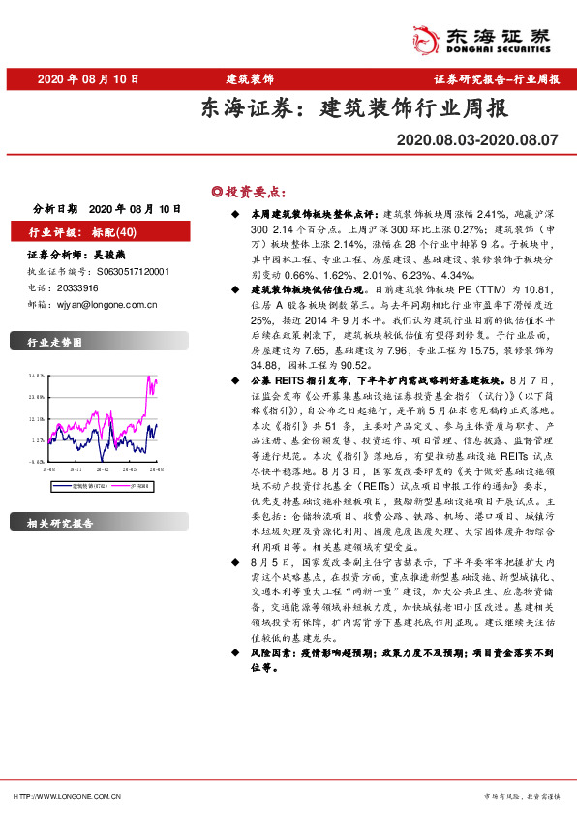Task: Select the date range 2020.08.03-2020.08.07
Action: pyautogui.click(x=477, y=140)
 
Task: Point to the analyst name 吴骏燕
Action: pyautogui.click(x=96, y=257)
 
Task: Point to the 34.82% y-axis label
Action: pyautogui.click(x=38, y=375)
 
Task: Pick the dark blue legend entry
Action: pyautogui.click(x=90, y=485)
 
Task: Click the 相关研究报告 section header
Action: pyautogui.click(x=60, y=523)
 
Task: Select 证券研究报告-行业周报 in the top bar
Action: pyautogui.click(x=497, y=78)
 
